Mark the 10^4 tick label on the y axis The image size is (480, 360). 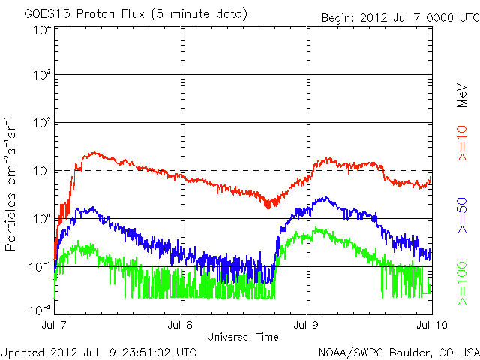point(42,29)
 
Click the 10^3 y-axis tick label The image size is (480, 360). point(42,75)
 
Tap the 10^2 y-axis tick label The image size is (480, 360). point(42,122)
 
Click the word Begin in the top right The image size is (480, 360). point(337,17)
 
